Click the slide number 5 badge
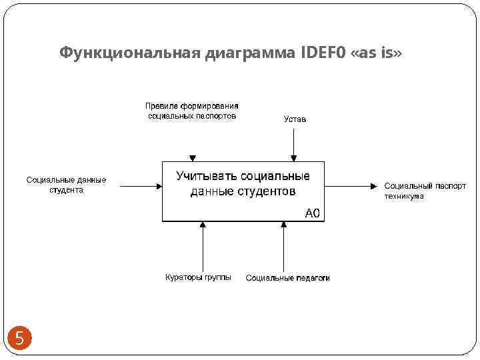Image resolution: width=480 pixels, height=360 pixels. pos(19,338)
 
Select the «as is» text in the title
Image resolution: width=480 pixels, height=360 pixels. pos(377,53)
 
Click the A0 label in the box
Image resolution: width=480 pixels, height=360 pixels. pos(312,213)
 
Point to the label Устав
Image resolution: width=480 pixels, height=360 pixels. pos(295,119)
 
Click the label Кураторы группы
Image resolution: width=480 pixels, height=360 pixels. pos(198,277)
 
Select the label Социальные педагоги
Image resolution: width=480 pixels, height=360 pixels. pos(287,278)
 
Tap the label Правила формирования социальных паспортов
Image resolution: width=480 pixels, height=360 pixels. pos(191,111)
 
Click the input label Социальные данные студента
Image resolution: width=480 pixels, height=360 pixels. pos(66,185)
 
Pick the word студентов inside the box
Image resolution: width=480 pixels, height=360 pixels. pos(267,192)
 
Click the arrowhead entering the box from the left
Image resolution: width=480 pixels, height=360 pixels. pos(158,187)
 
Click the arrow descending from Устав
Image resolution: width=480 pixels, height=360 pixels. pos(293,143)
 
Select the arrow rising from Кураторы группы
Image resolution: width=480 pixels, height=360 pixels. pos(203,247)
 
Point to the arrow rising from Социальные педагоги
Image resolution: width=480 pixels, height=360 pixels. pos(284,247)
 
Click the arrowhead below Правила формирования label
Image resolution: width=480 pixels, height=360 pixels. pos(193,158)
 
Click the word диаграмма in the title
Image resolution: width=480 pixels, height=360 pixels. pos(248,53)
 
